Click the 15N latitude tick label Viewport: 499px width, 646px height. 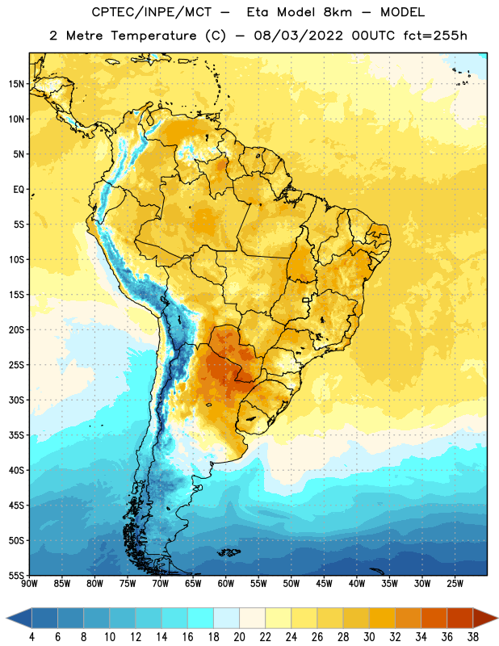coord(16,84)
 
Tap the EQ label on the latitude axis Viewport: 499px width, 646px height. coord(19,190)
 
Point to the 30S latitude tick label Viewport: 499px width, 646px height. coord(16,400)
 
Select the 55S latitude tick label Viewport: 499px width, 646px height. coord(16,575)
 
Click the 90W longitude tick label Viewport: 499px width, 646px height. coord(29,584)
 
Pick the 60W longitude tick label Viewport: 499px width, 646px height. coord(226,584)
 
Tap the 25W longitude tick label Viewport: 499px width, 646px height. coord(455,584)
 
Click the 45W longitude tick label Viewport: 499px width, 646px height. coord(324,584)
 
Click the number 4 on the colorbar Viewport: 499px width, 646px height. coord(31,637)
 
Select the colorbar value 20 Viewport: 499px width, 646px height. coord(239,637)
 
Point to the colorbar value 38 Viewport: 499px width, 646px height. coord(473,637)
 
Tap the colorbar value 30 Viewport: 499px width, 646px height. coord(369,637)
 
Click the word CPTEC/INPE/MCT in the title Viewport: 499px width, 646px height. coord(152,12)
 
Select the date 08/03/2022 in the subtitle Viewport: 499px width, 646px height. coord(298,36)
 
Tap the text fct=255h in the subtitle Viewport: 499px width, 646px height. coord(435,36)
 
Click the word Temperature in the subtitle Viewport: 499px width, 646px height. coord(153,36)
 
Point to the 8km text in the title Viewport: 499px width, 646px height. coord(338,12)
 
